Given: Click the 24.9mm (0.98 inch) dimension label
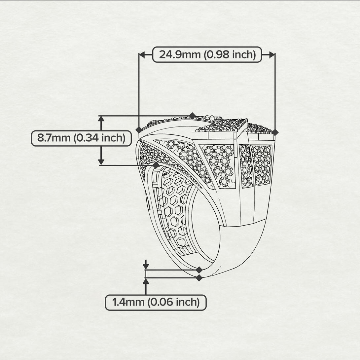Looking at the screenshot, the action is click(x=207, y=54).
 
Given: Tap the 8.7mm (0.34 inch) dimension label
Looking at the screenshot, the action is click(x=81, y=138).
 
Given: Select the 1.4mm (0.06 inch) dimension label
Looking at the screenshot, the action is click(x=156, y=303).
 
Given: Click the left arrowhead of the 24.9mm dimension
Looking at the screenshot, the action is click(x=142, y=54).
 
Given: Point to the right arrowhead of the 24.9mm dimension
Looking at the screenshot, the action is click(x=272, y=54).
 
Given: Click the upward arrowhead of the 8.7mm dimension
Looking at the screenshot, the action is click(x=101, y=119).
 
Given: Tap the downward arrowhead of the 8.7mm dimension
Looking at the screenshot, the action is click(x=101, y=162).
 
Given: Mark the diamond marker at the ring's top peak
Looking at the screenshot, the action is click(x=193, y=116).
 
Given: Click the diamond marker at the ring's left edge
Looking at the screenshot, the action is click(x=139, y=130).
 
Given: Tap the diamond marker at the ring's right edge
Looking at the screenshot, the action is click(x=275, y=132).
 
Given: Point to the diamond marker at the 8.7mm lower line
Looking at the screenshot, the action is click(x=156, y=165).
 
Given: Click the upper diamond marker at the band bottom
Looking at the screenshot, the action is click(x=199, y=270).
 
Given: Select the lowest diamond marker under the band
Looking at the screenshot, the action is click(x=199, y=278).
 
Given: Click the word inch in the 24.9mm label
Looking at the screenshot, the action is click(x=244, y=54).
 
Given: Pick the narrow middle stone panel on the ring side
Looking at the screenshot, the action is click(x=246, y=166).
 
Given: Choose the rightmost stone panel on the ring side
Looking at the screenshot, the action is click(x=262, y=165).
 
